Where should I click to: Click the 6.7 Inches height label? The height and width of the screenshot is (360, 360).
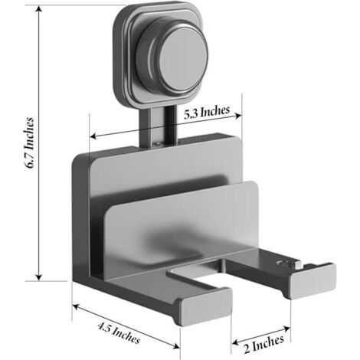30,143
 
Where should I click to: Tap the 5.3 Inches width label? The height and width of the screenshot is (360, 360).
207,112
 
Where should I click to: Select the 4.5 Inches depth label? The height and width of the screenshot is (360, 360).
119,332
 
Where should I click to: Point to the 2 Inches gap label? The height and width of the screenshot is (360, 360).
264,343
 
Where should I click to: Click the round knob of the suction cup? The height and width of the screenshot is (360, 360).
183,59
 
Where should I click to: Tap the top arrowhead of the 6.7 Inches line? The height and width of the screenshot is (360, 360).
39,9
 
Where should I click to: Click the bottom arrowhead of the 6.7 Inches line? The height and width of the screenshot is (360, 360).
39,277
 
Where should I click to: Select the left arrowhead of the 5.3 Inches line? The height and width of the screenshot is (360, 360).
93,136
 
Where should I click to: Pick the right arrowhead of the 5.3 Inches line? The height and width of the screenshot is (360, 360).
238,116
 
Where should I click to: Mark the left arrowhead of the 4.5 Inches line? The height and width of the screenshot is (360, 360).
76,307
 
